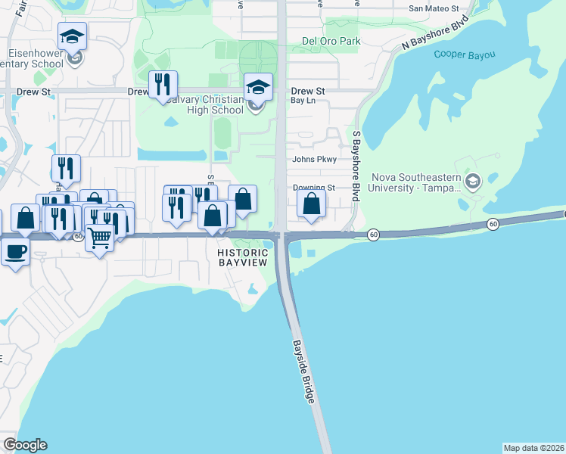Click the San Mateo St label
click(x=434, y=8)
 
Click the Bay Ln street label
click(x=302, y=100)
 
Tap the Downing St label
click(x=314, y=188)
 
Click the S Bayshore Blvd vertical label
click(x=356, y=165)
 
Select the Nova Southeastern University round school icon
click(x=473, y=181)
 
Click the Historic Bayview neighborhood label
click(x=243, y=257)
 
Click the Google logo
click(x=25, y=445)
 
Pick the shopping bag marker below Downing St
click(x=311, y=203)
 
